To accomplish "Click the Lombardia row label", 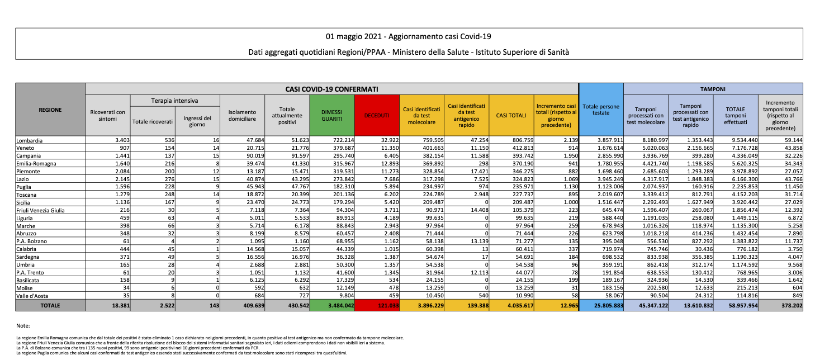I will click(x=33, y=140).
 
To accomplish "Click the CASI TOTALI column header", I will click(x=511, y=115).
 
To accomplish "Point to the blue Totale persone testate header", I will click(x=600, y=110).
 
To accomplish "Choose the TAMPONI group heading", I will click(x=713, y=88).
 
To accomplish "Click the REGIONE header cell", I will click(x=50, y=110).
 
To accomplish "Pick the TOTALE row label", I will click(x=50, y=305).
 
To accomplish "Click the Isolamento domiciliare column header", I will click(x=242, y=115).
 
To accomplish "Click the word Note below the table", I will click(x=23, y=325).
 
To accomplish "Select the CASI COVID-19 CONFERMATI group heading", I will click(x=331, y=88).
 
